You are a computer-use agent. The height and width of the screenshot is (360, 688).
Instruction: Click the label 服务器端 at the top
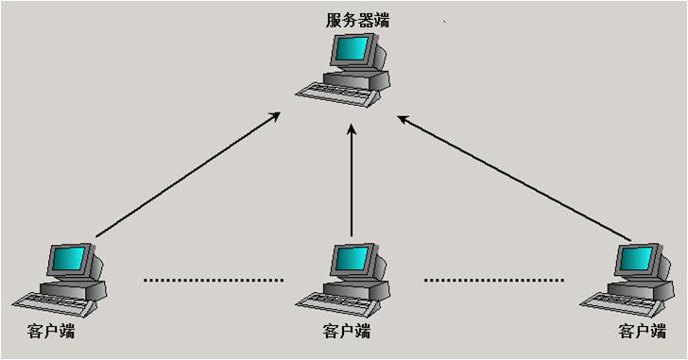pos(357,19)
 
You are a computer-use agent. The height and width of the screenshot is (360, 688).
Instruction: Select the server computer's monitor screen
pos(353,49)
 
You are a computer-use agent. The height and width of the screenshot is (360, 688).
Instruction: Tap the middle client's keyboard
pos(328,301)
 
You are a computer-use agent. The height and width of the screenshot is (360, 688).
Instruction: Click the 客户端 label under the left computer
pos(52,332)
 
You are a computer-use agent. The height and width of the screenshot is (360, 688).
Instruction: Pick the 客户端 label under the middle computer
pos(346,332)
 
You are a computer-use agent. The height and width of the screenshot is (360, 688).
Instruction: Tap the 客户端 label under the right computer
pos(642,332)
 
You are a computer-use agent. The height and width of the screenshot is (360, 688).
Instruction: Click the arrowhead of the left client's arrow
pos(275,116)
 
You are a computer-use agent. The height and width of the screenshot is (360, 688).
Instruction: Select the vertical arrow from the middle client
pos(352,184)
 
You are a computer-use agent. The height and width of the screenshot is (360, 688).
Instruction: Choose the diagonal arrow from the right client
pos(515,177)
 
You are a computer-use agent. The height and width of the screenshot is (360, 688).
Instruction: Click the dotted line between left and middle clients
pos(214,280)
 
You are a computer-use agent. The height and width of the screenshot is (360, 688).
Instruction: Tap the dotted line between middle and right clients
pos(494,280)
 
